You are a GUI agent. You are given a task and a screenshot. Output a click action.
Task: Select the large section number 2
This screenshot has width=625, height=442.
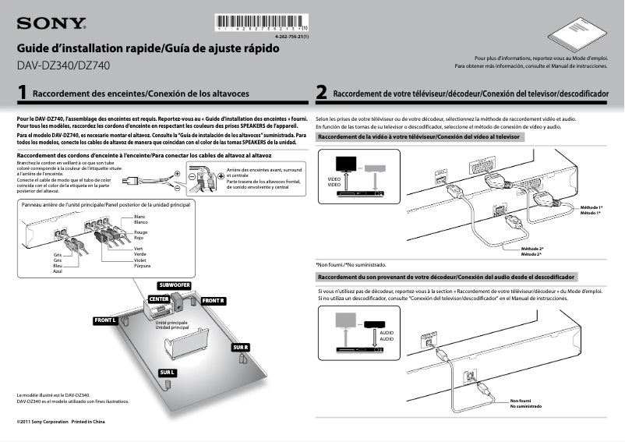(x=322, y=94)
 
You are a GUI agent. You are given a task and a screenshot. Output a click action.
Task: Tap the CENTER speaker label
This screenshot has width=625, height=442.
(x=158, y=299)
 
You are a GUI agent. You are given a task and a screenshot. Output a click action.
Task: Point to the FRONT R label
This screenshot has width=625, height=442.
(x=213, y=301)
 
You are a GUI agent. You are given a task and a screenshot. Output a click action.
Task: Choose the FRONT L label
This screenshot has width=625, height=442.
(x=105, y=320)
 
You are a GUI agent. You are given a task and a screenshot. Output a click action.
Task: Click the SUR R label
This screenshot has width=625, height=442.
(x=240, y=347)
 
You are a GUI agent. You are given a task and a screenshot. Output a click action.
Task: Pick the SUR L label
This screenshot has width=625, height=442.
(x=168, y=373)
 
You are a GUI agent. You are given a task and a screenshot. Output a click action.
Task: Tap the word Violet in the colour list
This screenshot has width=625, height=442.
(x=141, y=260)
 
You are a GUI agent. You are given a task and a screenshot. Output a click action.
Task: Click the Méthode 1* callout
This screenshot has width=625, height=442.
(x=592, y=207)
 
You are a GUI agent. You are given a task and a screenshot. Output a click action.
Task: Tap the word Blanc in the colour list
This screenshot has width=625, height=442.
(x=140, y=216)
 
